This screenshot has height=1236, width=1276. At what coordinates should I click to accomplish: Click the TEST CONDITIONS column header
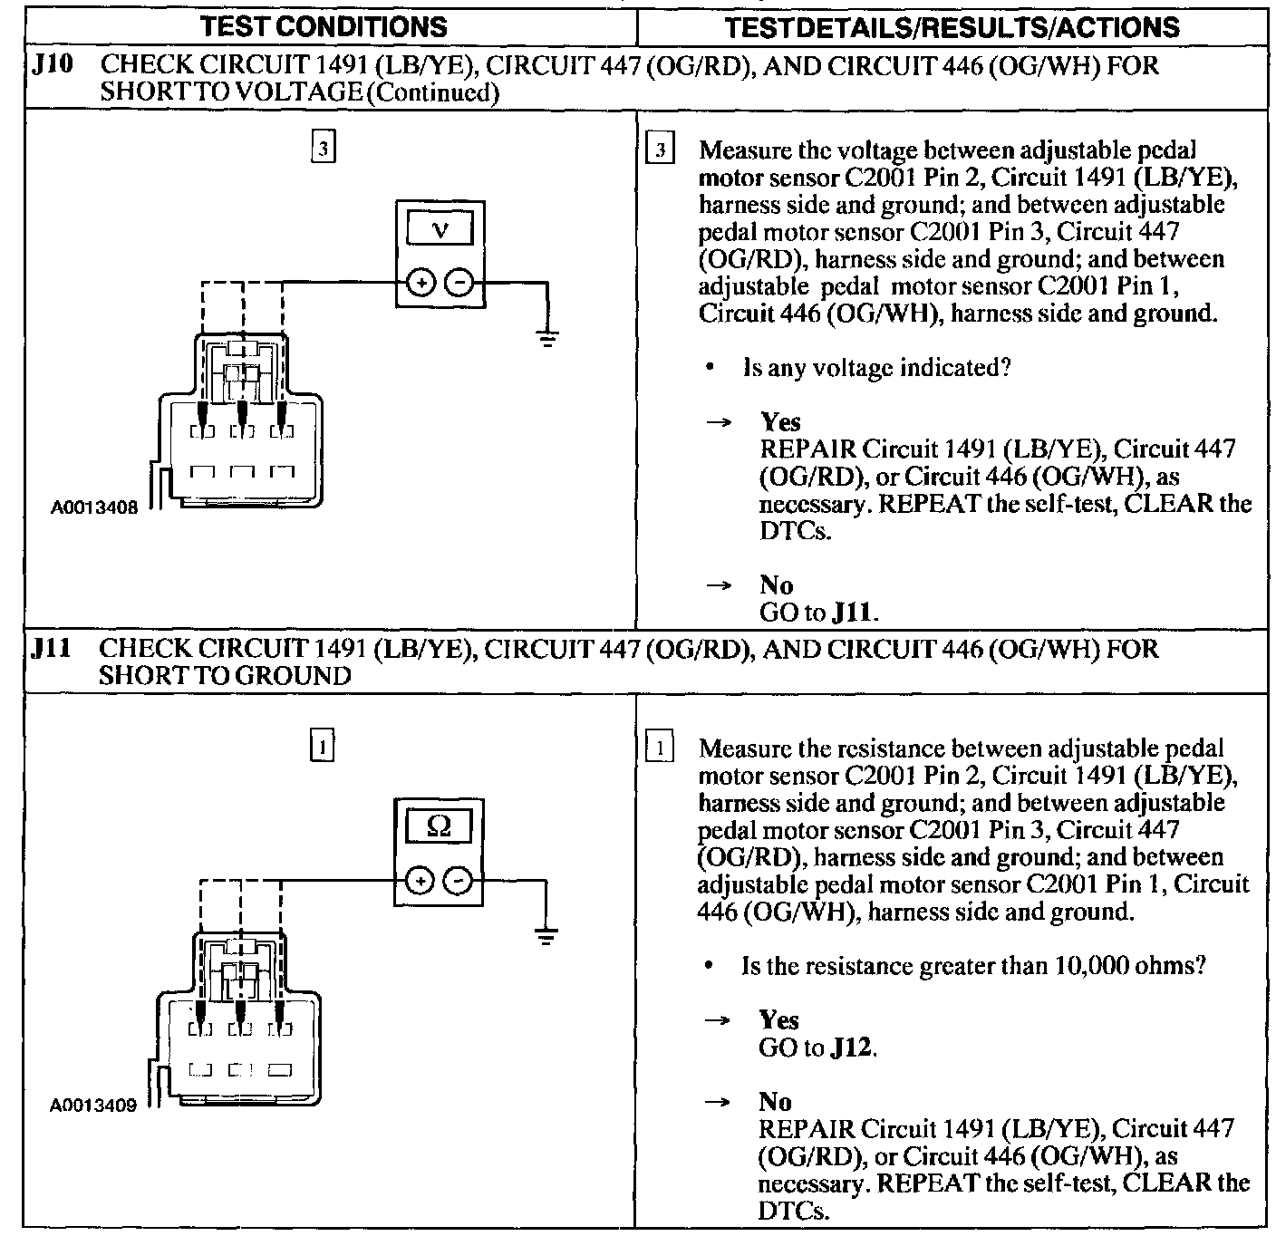tap(324, 26)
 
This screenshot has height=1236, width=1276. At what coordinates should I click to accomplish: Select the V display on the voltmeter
tap(440, 229)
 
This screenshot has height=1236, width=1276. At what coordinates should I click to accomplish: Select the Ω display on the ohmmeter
tap(439, 826)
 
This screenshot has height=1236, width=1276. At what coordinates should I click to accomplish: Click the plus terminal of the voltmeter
tap(420, 283)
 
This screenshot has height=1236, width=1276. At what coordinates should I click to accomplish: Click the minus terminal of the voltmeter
tap(460, 283)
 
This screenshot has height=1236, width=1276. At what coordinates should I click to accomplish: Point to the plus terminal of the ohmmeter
tap(419, 880)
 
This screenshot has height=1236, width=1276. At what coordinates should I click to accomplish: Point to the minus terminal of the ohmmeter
tap(459, 880)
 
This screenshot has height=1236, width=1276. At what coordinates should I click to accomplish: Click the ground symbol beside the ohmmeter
tap(545, 937)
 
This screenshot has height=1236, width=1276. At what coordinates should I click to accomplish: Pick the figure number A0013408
tap(95, 508)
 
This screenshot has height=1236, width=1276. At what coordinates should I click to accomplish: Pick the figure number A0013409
tap(93, 1106)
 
